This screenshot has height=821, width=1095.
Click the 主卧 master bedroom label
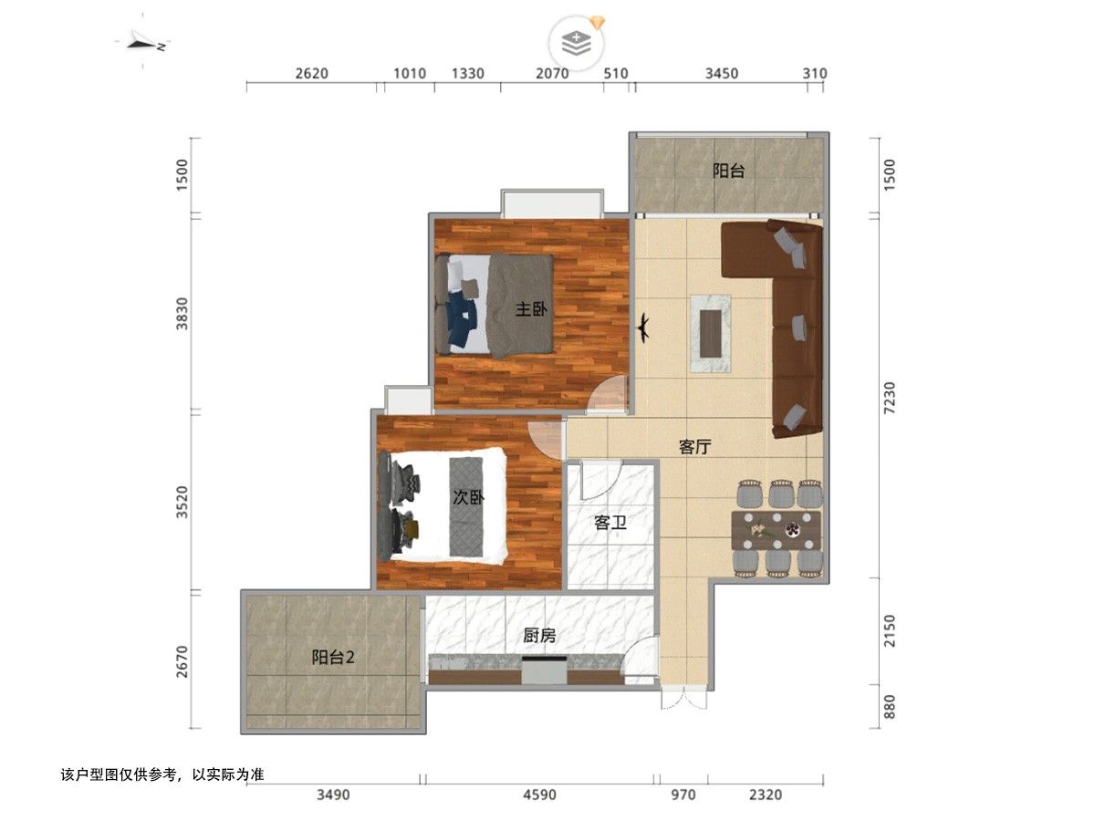(531, 309)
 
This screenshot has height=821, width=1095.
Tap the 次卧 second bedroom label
(468, 497)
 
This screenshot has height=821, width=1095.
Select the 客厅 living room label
(694, 447)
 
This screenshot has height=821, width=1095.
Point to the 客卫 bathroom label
(610, 523)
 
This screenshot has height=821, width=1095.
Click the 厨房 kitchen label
(538, 635)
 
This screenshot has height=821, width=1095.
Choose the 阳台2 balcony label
(333, 657)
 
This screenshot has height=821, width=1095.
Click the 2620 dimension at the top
(311, 74)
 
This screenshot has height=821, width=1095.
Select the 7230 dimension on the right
(890, 398)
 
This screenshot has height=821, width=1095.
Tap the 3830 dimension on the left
(182, 313)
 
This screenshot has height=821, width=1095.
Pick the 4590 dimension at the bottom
(539, 795)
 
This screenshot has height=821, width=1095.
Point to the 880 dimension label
(890, 707)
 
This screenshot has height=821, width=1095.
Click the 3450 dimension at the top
(722, 74)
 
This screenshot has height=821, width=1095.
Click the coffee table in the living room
(710, 333)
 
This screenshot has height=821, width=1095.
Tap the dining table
(776, 530)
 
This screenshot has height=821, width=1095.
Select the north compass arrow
(142, 44)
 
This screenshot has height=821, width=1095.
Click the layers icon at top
(576, 43)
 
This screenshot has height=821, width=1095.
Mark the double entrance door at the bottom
(684, 697)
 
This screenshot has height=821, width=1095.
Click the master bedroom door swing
(607, 395)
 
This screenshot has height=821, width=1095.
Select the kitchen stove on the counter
(544, 670)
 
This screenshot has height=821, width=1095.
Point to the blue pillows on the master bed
(462, 319)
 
